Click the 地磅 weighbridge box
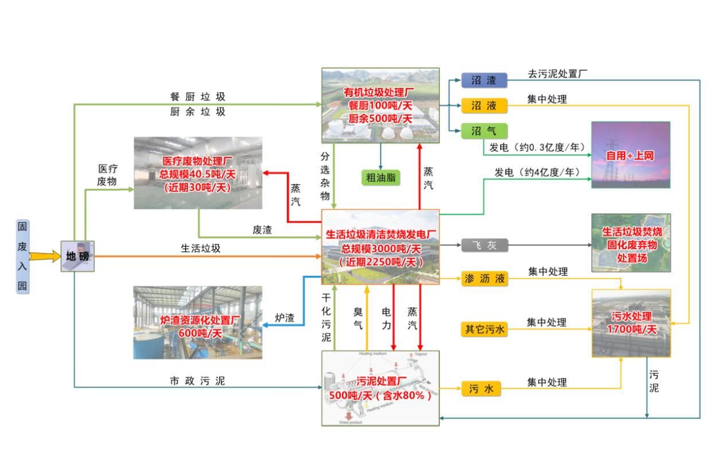pos(77,256)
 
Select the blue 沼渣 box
pos(484,81)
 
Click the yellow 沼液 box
pos(484,106)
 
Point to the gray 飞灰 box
pos(484,246)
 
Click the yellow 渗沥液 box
pos(484,279)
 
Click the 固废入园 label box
pos(22,256)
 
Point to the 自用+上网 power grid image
pos(631,155)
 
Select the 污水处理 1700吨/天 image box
pos(631,323)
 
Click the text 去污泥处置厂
pos(558,74)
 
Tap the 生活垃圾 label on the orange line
pos(201,249)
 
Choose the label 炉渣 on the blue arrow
pos(284,318)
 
